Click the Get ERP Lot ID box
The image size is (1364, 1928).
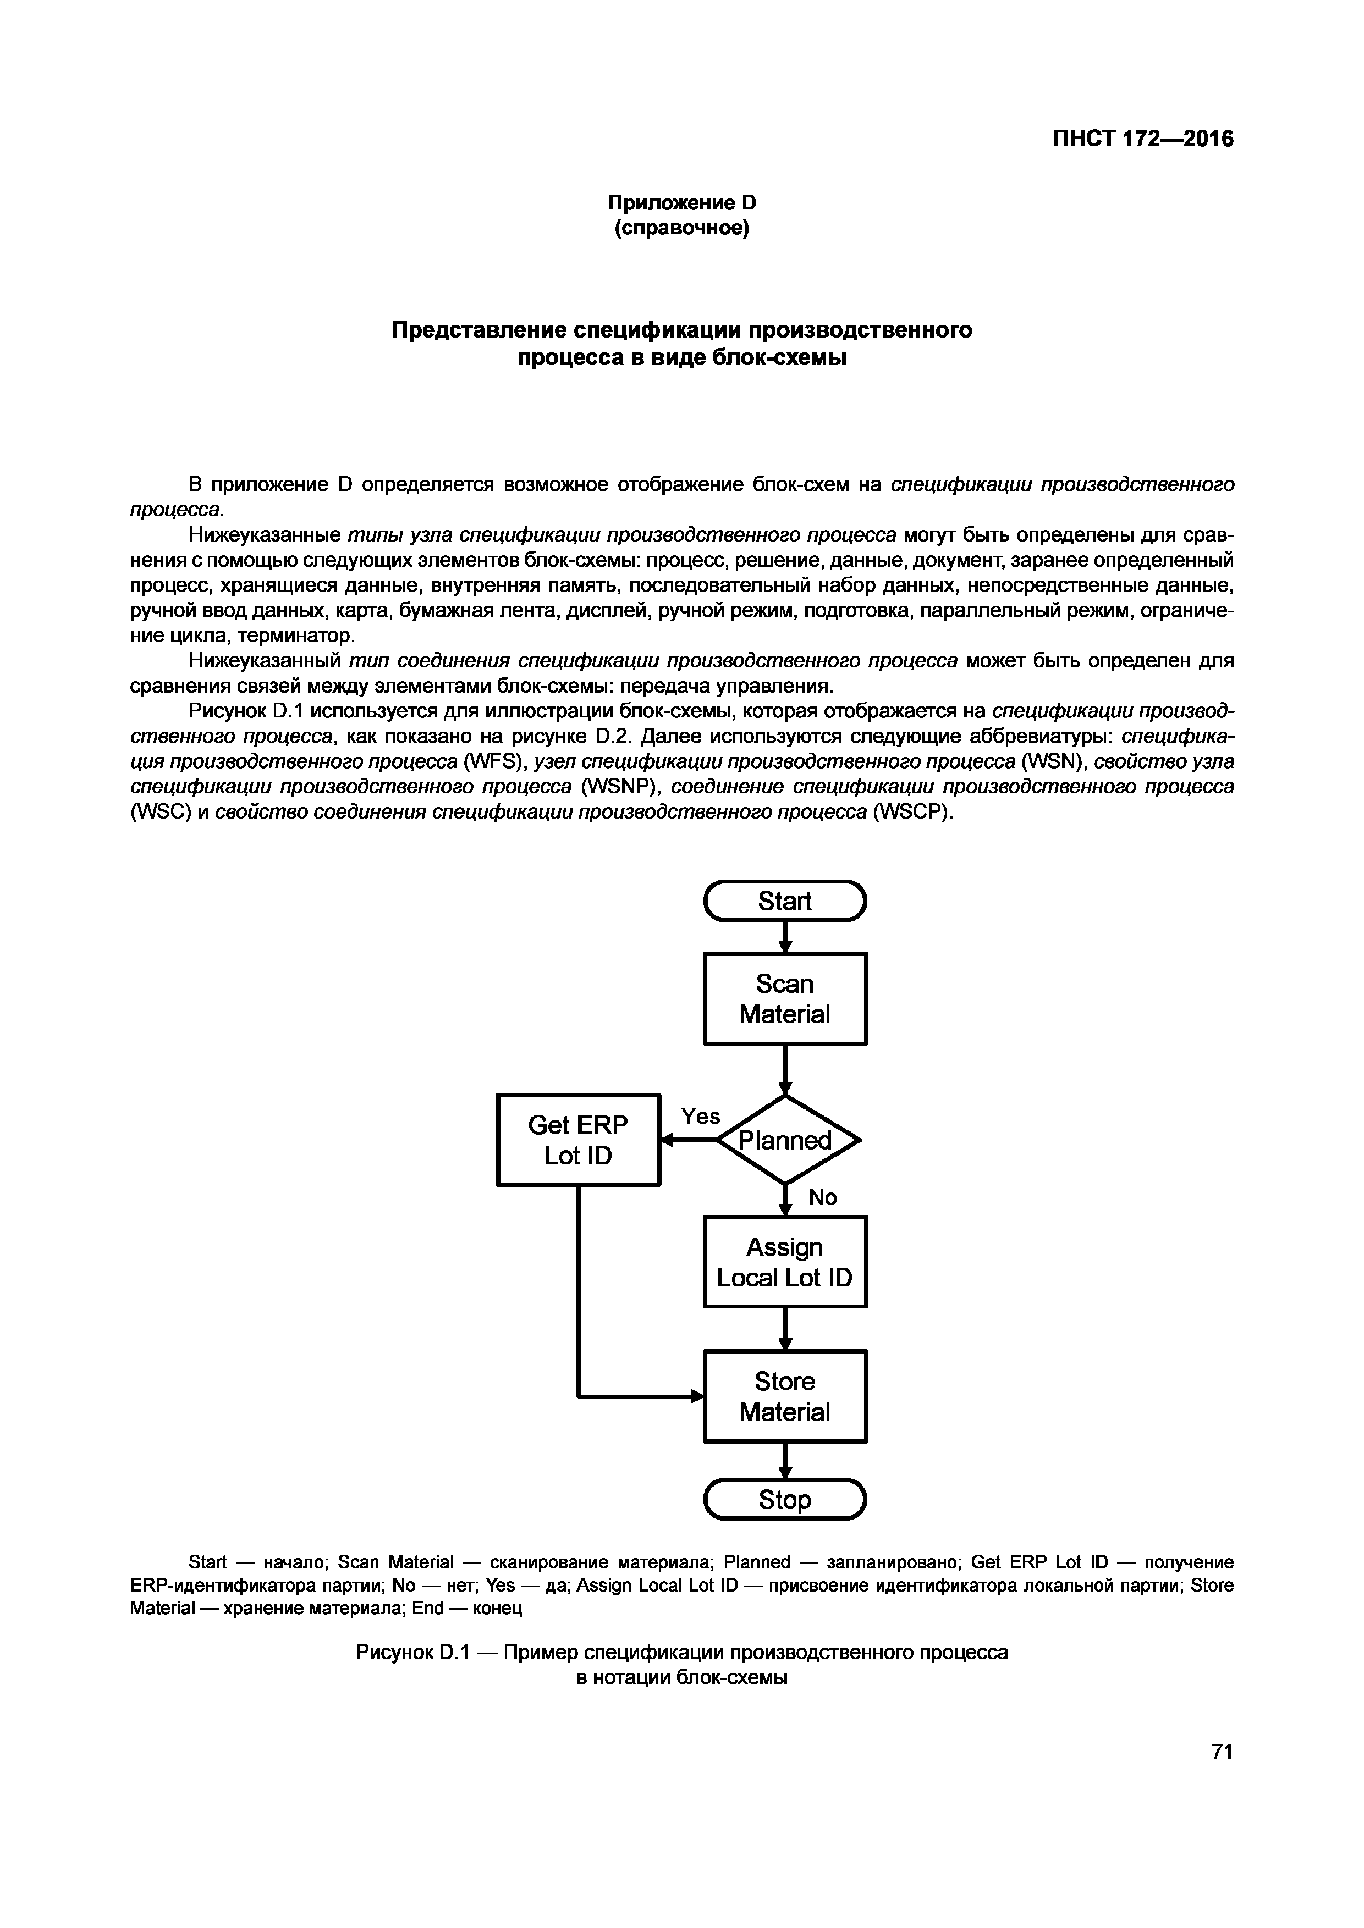[x=579, y=1140]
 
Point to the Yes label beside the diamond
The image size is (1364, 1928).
[x=701, y=1116]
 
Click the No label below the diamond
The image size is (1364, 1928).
[x=822, y=1197]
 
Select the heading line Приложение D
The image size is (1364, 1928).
[x=682, y=202]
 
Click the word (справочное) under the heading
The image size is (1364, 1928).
[x=682, y=228]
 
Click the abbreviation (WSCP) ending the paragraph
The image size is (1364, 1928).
[x=913, y=812]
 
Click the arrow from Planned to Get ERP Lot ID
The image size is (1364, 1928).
[x=689, y=1140]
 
